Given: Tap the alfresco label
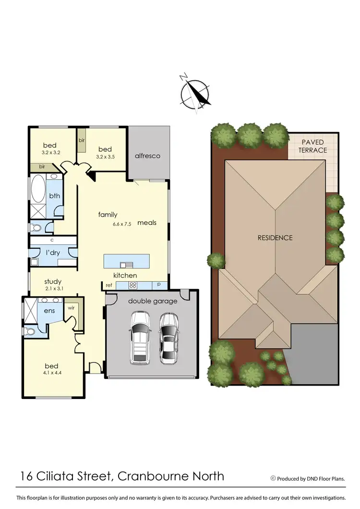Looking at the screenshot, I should (x=147, y=156).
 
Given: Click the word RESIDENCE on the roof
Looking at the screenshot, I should (x=275, y=238).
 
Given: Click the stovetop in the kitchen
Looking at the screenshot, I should (x=133, y=285).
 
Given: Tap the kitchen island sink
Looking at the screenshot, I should (x=127, y=264).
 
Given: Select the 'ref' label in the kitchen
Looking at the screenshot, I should (x=109, y=285).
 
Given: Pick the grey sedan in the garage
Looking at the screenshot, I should (x=168, y=337).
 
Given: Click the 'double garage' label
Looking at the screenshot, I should (x=152, y=301).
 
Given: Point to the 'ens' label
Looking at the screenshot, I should (x=50, y=311).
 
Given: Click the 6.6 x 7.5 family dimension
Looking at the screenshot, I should (x=108, y=224).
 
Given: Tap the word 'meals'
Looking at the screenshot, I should (x=146, y=223).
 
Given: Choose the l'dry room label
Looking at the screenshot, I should (x=52, y=252).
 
